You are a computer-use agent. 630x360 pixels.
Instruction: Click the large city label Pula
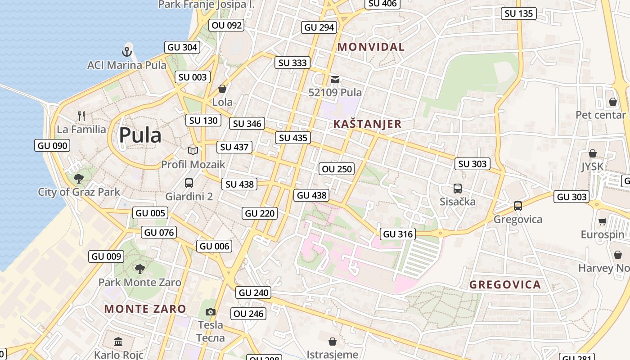(x=140, y=135)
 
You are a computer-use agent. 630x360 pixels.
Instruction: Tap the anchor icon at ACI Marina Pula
(x=127, y=51)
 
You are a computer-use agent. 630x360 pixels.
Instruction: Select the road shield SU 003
(x=193, y=77)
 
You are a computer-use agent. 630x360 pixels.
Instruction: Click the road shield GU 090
(x=53, y=145)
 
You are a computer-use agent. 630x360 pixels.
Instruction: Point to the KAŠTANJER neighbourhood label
(x=367, y=124)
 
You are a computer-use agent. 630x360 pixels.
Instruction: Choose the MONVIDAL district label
(x=371, y=47)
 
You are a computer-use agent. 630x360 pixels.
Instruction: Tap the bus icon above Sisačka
(x=458, y=189)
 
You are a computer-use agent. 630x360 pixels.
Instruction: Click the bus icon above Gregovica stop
(x=518, y=206)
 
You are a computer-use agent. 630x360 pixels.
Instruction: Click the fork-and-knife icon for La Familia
(x=81, y=116)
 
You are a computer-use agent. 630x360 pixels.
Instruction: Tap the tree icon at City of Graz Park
(x=79, y=178)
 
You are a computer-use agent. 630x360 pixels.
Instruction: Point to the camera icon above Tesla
(x=210, y=312)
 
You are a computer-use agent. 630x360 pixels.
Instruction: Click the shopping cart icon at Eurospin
(x=603, y=221)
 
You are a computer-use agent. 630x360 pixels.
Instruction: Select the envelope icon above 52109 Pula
(x=335, y=80)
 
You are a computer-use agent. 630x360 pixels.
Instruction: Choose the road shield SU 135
(x=519, y=13)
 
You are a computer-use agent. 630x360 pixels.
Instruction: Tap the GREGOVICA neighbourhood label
(x=505, y=285)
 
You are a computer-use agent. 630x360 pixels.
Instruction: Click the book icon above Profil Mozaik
(x=193, y=151)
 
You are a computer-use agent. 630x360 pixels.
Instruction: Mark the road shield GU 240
(x=254, y=292)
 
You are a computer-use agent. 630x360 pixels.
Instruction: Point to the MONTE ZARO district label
(x=145, y=309)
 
